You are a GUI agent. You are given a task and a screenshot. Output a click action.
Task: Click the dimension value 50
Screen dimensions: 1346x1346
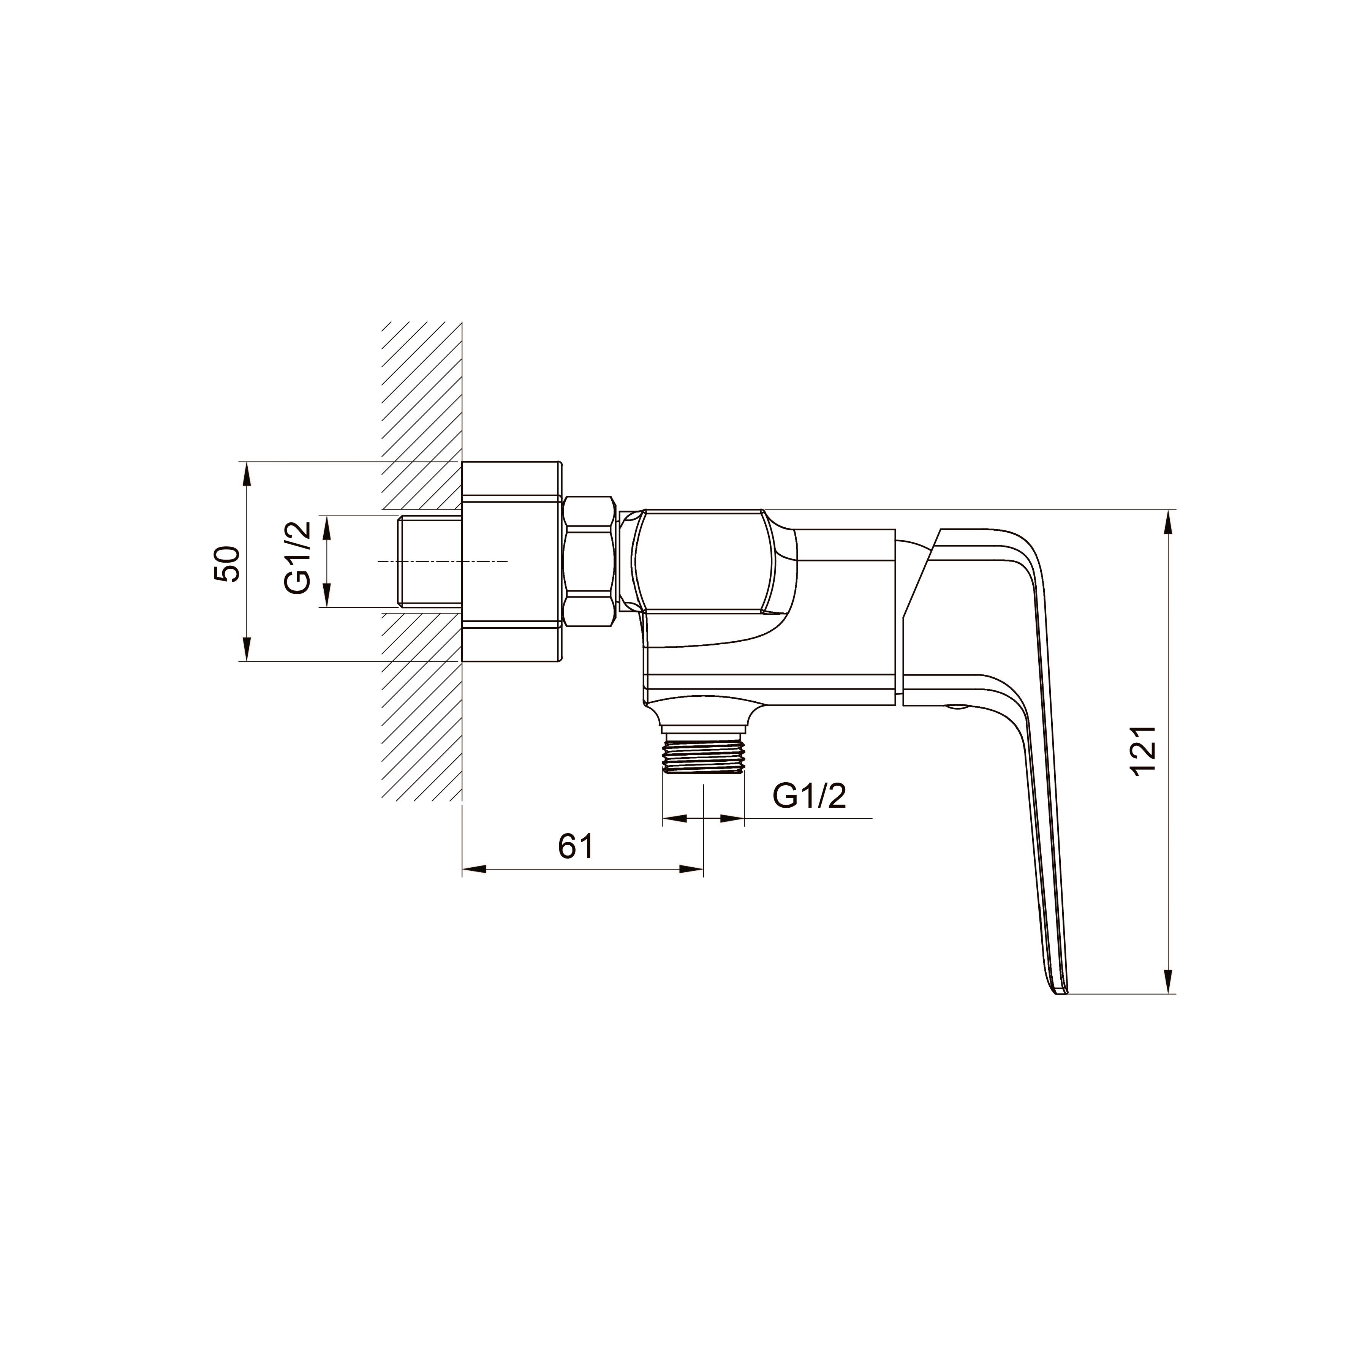click(227, 564)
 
